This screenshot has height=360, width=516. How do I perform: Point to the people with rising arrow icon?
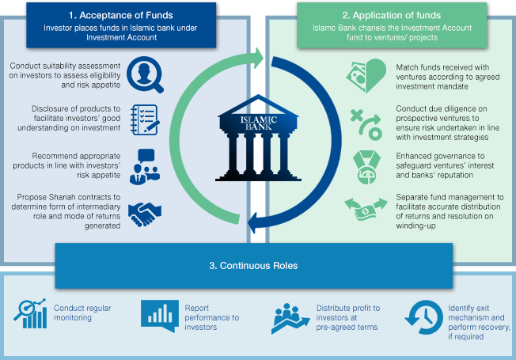(x=290, y=318)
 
